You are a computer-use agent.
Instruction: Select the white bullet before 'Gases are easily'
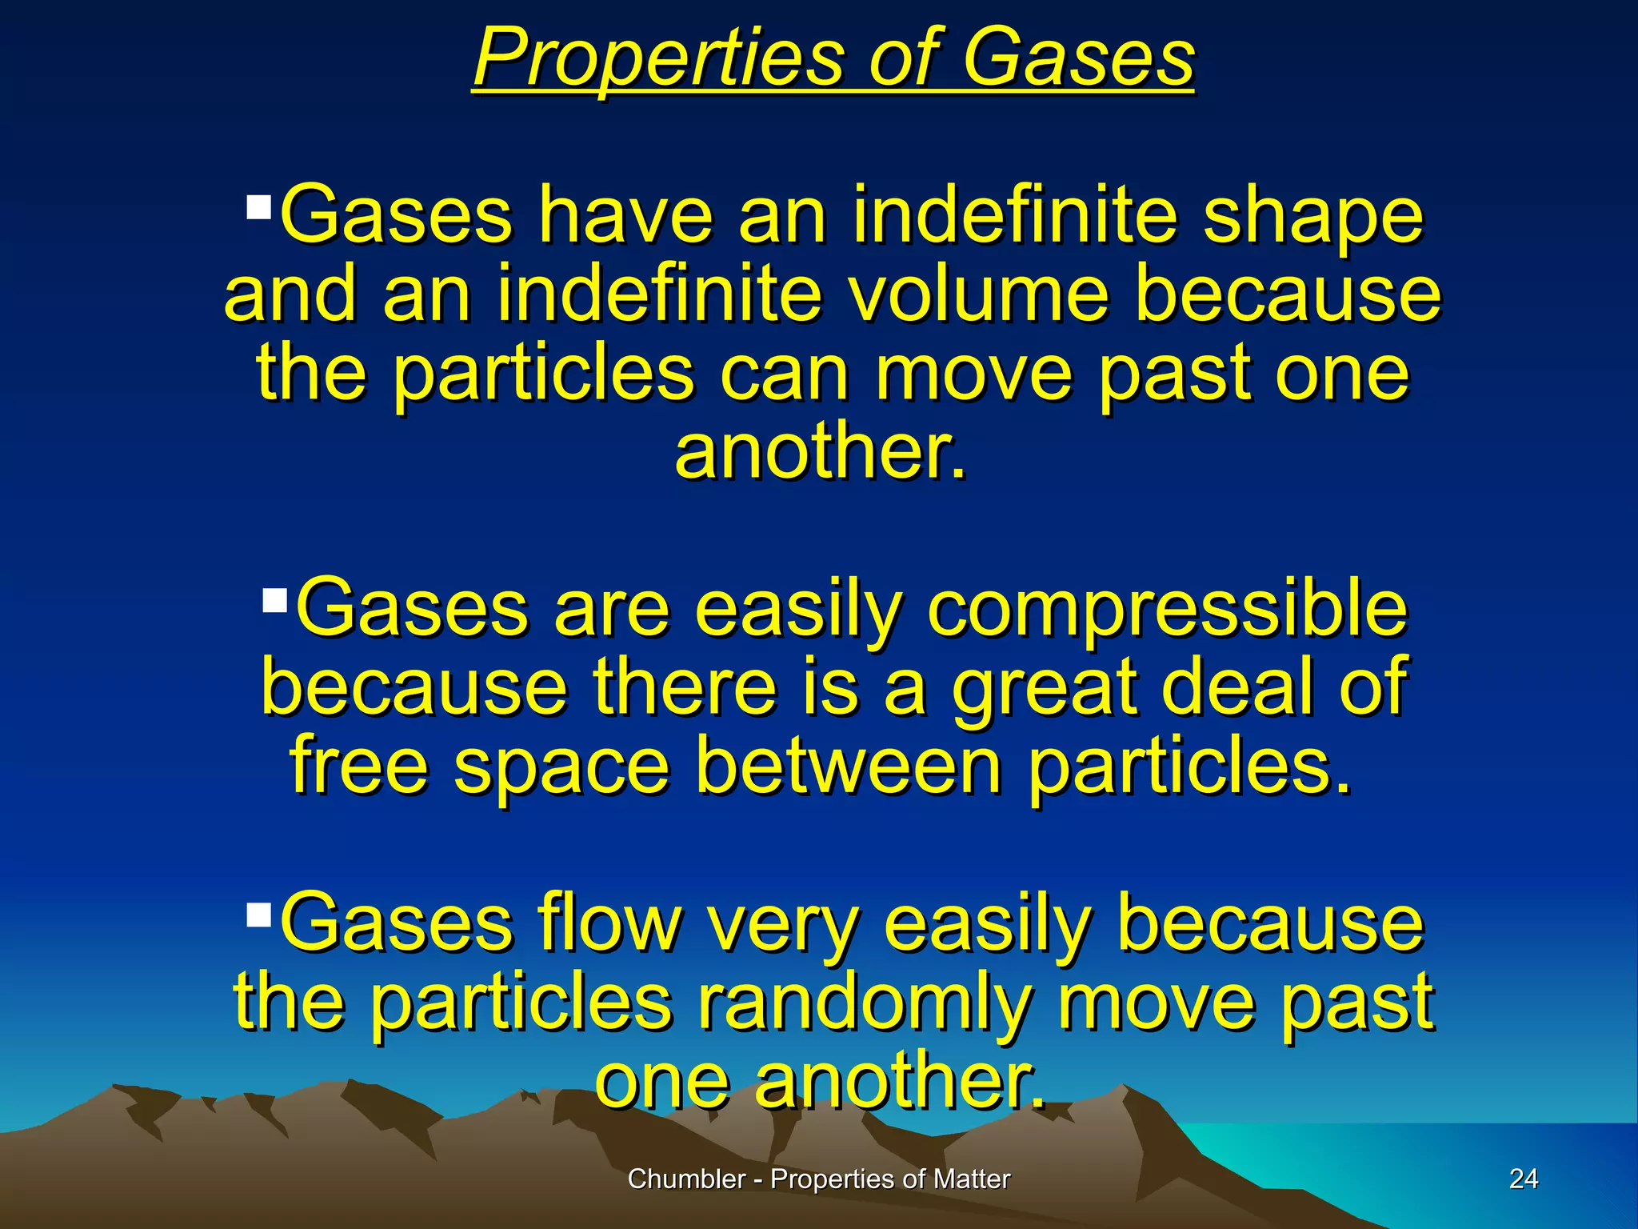coord(274,599)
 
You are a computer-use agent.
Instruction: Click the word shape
coord(1312,214)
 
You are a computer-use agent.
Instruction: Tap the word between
coord(848,766)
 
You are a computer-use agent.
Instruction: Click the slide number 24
coord(1523,1179)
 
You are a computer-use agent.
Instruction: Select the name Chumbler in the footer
coord(686,1179)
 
